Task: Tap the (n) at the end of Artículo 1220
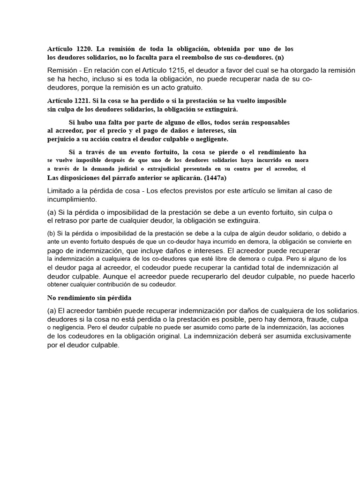[279, 57]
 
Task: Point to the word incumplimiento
[70, 199]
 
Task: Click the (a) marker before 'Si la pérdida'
[52, 212]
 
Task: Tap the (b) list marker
[52, 233]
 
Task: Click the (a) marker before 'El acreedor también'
[52, 310]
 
